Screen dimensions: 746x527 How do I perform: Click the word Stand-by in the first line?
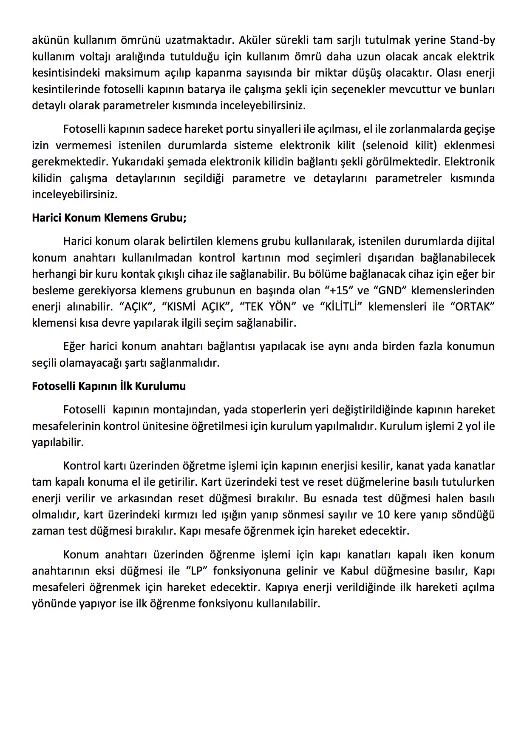(x=472, y=40)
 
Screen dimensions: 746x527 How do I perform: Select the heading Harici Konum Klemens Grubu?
(x=109, y=218)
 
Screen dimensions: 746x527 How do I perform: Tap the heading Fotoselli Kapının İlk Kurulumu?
(x=109, y=386)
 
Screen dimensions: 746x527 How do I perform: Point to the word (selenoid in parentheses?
(x=386, y=145)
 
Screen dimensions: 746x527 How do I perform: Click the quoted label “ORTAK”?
(x=473, y=307)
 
